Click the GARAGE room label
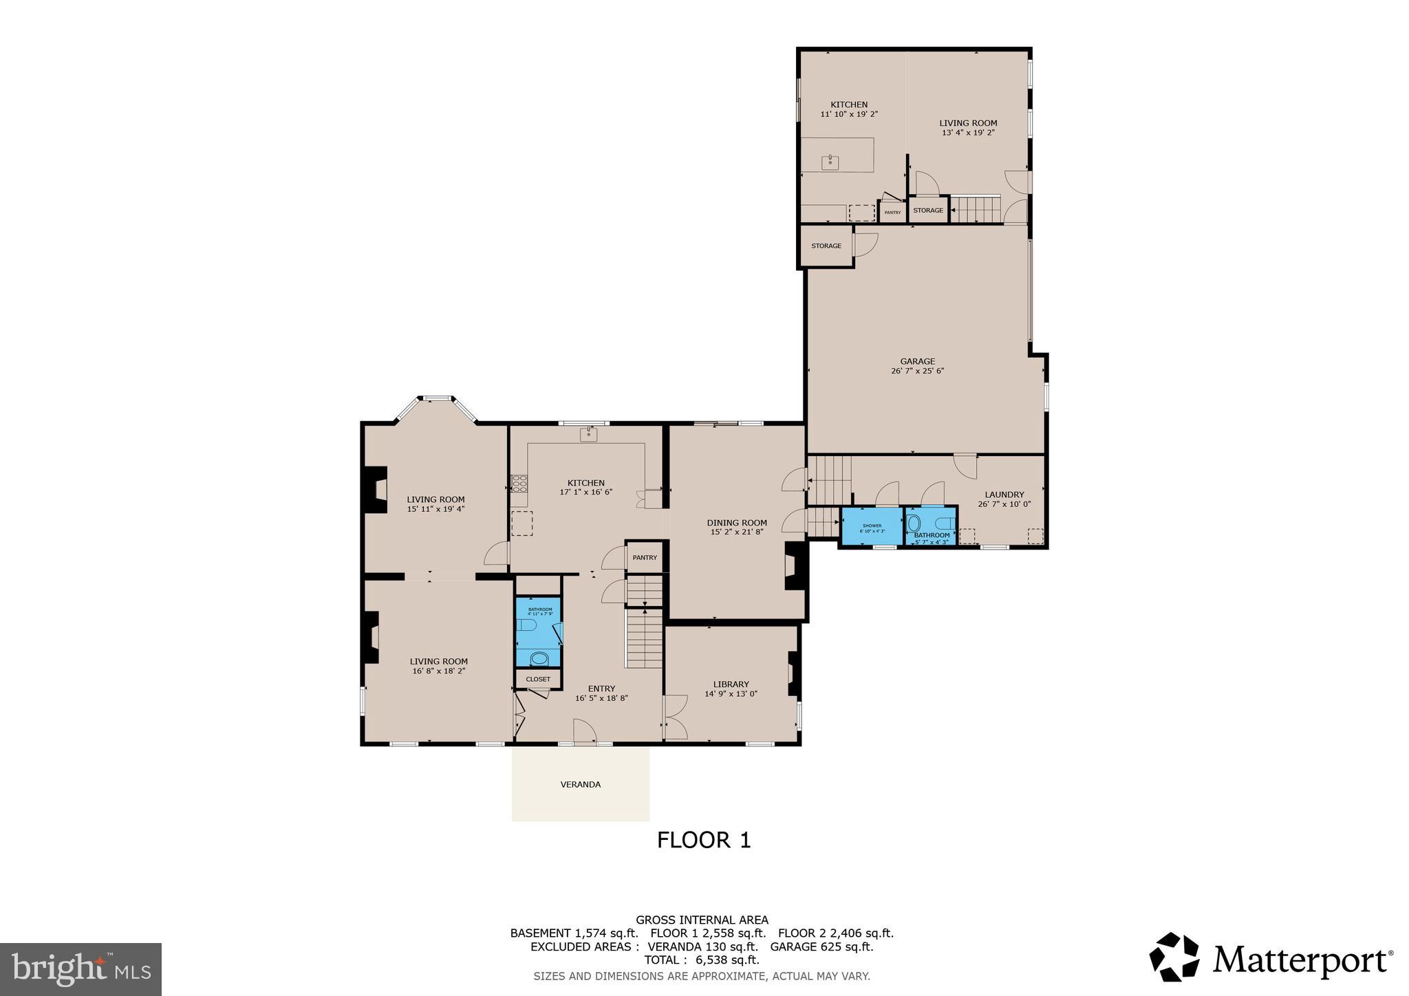click(x=917, y=361)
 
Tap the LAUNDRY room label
click(x=1004, y=495)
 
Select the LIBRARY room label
click(x=731, y=684)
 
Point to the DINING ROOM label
click(x=737, y=523)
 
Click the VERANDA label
click(x=580, y=784)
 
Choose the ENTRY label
click(x=601, y=689)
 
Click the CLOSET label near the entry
click(x=538, y=679)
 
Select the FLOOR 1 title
click(x=703, y=840)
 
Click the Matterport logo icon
click(x=1174, y=957)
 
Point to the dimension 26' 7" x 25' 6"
click(x=917, y=371)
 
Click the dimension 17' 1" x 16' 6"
click(x=585, y=492)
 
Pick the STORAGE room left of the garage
click(x=826, y=246)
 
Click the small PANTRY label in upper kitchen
click(x=892, y=213)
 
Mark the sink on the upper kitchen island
click(x=830, y=162)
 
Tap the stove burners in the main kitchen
click(x=519, y=483)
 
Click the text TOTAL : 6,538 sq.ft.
click(x=701, y=960)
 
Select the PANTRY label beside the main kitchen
click(x=645, y=558)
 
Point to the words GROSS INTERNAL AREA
click(x=702, y=920)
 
